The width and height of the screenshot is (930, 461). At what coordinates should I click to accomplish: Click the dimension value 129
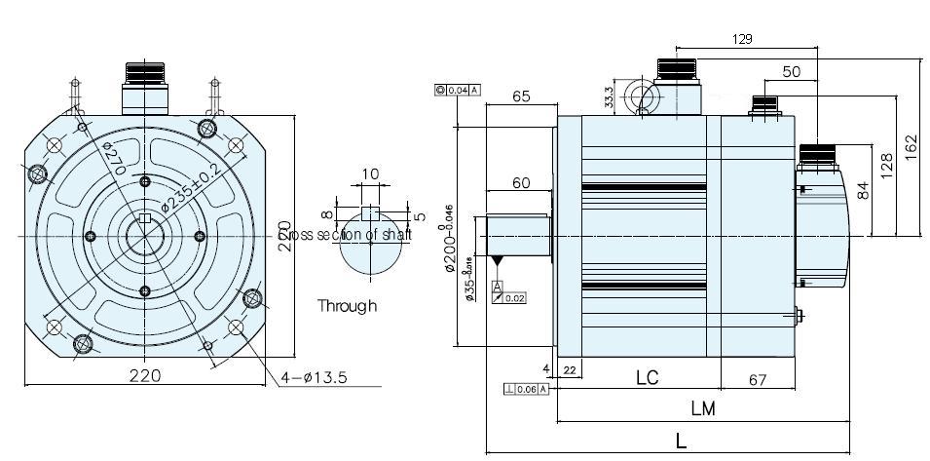(x=743, y=39)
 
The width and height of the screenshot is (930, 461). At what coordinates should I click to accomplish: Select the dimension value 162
(x=911, y=145)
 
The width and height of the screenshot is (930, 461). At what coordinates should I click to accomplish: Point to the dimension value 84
(x=861, y=189)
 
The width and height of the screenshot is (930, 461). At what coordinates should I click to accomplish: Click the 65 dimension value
(x=520, y=96)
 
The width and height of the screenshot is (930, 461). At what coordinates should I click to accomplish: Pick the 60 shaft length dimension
(x=520, y=183)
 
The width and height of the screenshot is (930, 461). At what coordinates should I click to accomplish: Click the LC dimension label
(x=648, y=376)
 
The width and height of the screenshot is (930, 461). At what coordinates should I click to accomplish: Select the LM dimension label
(x=701, y=409)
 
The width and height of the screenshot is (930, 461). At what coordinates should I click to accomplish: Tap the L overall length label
(x=681, y=441)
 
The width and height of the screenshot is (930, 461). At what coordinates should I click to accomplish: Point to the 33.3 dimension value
(x=608, y=97)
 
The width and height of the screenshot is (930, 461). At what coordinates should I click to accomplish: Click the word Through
(x=347, y=306)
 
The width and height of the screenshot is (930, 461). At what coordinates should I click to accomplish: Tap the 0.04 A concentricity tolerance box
(x=458, y=90)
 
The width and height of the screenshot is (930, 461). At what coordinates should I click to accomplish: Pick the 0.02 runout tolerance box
(x=510, y=297)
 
